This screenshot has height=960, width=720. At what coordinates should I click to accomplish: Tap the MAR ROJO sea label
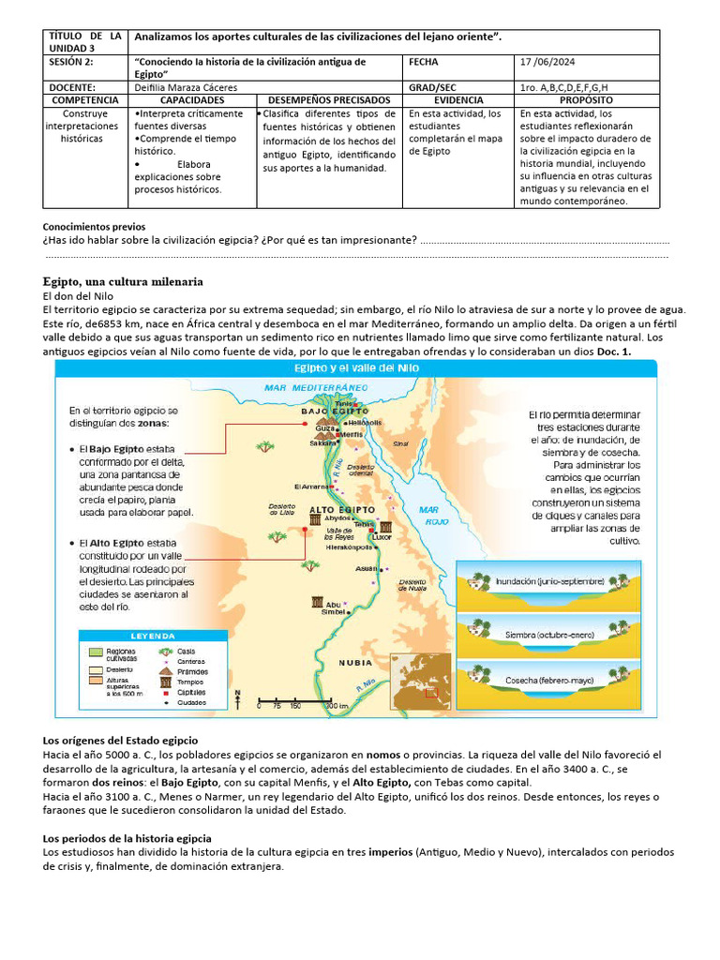[432, 516]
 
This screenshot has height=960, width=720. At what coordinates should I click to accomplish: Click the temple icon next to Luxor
[385, 528]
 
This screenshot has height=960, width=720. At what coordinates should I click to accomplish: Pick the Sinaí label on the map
[400, 443]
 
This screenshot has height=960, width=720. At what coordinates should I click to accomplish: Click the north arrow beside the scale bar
[238, 698]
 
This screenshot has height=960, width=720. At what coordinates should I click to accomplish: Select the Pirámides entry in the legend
[191, 672]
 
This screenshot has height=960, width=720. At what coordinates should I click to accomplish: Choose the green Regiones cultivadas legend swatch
[95, 652]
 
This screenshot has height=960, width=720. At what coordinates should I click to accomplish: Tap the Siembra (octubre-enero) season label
[549, 635]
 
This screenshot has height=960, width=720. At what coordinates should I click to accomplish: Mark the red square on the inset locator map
[430, 694]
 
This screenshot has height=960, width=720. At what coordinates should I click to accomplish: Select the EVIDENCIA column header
[458, 99]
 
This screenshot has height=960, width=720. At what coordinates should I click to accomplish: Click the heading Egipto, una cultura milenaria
[123, 281]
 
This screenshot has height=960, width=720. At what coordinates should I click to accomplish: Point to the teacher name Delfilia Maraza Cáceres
[186, 87]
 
